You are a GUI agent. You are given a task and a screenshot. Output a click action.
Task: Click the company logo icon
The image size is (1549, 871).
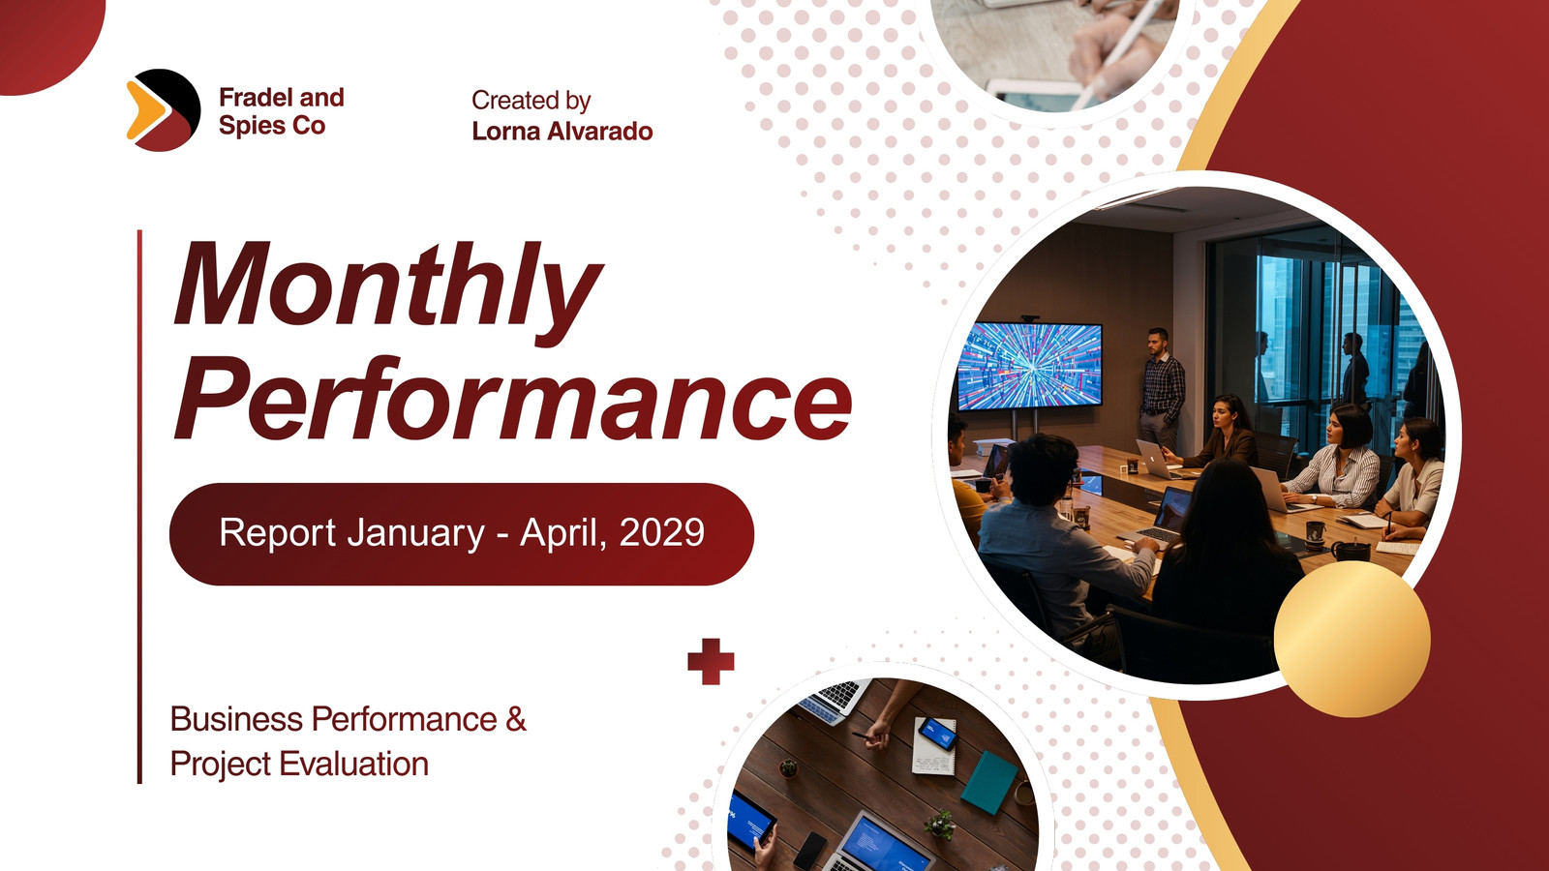(x=164, y=110)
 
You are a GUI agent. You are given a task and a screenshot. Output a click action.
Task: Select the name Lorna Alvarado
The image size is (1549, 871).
(x=562, y=131)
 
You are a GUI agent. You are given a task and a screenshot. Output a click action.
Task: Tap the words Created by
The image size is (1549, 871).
(x=532, y=101)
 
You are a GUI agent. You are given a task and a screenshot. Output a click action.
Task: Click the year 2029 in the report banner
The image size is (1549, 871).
(x=662, y=532)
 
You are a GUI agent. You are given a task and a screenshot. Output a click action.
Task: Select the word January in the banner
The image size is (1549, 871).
(x=416, y=533)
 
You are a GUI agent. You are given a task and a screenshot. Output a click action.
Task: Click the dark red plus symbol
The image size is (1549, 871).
(x=711, y=662)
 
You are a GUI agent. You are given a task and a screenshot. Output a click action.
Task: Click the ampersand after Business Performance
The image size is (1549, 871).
(x=516, y=719)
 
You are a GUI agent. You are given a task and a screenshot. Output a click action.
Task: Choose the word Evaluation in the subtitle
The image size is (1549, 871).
(x=354, y=764)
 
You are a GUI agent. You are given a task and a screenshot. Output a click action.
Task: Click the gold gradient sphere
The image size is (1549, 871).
(x=1352, y=639)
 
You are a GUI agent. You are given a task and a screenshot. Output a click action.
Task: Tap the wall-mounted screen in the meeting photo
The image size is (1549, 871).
(x=1030, y=367)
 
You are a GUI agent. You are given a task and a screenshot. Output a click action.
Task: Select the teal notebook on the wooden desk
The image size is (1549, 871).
(x=989, y=782)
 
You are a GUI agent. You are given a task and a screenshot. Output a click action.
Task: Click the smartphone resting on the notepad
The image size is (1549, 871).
(x=938, y=734)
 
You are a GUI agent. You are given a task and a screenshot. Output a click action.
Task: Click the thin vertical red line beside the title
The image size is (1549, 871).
(x=139, y=507)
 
